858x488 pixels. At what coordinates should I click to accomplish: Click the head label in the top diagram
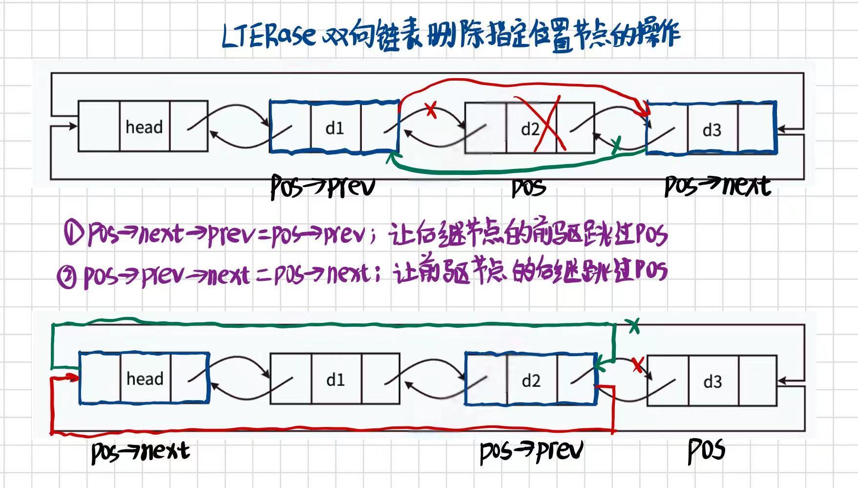[144, 127]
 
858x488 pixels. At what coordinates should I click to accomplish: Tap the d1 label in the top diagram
[335, 128]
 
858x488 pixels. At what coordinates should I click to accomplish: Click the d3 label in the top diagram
[712, 130]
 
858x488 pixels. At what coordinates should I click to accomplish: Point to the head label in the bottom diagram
[145, 379]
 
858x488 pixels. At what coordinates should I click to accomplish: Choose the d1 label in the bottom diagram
[335, 380]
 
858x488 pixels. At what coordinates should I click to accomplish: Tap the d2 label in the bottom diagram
[531, 381]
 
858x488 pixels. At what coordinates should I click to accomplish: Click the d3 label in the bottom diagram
[712, 382]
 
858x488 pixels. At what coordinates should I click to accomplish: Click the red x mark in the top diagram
[431, 110]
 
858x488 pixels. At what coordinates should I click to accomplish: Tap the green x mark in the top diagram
[616, 143]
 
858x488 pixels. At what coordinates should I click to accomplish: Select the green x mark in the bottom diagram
[634, 326]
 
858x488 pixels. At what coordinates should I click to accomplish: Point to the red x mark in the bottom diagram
[637, 365]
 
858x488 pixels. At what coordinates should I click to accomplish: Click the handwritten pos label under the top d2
[528, 188]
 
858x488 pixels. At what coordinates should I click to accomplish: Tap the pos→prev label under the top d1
[323, 187]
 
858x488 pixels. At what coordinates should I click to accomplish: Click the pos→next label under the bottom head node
[140, 451]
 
